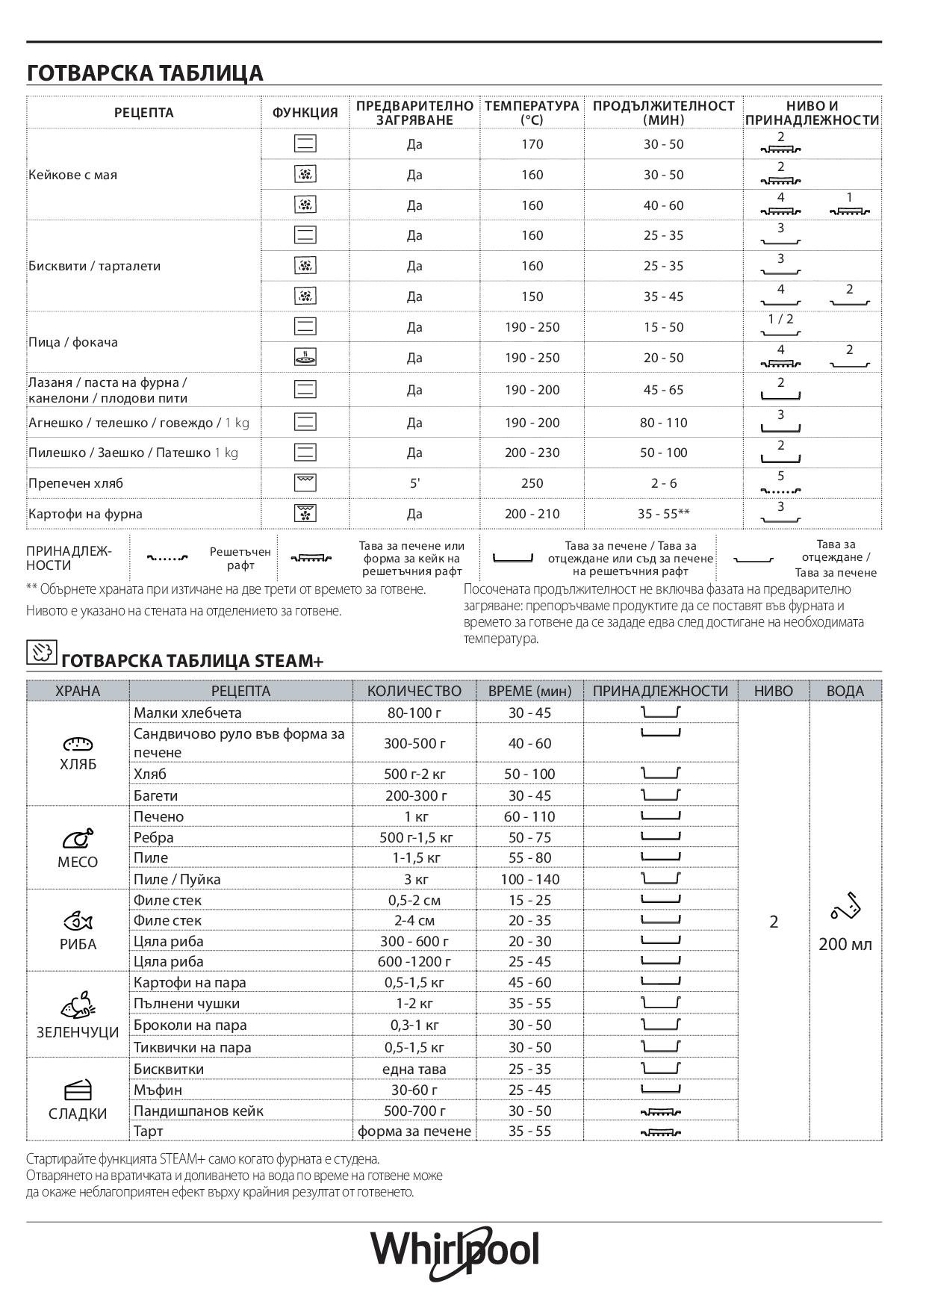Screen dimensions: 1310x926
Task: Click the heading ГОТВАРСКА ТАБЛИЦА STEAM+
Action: tap(192, 661)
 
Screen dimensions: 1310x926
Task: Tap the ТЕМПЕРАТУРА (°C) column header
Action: tap(532, 113)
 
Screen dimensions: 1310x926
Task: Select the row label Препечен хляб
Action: tap(75, 483)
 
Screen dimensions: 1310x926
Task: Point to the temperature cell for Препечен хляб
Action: tap(532, 483)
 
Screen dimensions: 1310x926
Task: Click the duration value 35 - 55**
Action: tap(663, 514)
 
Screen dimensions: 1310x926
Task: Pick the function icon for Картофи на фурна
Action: tap(305, 513)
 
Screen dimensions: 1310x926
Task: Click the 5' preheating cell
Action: tap(414, 483)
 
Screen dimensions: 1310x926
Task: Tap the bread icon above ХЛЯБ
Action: tap(78, 743)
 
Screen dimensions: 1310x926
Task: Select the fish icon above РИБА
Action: tap(78, 920)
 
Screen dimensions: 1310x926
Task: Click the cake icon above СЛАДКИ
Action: tap(78, 1090)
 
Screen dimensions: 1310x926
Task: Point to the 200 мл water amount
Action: tap(845, 944)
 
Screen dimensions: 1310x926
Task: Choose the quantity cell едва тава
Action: tap(414, 1069)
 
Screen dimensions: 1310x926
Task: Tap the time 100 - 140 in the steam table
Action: tap(529, 879)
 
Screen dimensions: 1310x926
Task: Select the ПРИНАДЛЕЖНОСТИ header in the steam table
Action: tap(659, 691)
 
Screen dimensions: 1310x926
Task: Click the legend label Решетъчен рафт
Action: tap(240, 559)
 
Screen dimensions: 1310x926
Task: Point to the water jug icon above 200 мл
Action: tap(845, 907)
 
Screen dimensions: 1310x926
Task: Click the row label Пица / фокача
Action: tap(73, 342)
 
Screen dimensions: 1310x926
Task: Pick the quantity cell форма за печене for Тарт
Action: tap(414, 1131)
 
